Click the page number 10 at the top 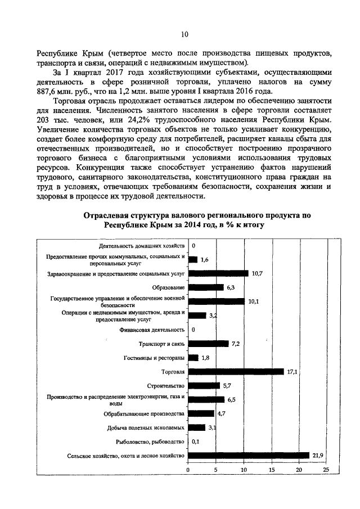pyautogui.click(x=184, y=34)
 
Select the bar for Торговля pyautogui.click(x=236, y=372)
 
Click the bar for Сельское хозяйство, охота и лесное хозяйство pyautogui.click(x=249, y=455)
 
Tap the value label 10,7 pyautogui.click(x=258, y=273)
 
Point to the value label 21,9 pyautogui.click(x=319, y=455)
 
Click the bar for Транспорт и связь pyautogui.click(x=208, y=344)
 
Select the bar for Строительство pyautogui.click(x=204, y=386)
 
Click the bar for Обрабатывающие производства pyautogui.click(x=201, y=413)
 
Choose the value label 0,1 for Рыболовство pyautogui.click(x=196, y=442)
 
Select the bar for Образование pyautogui.click(x=205, y=287)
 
